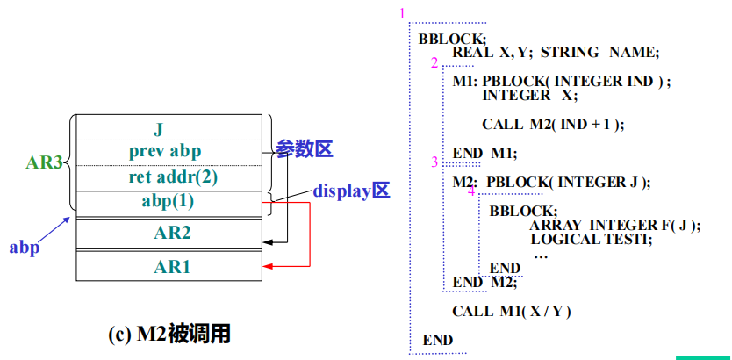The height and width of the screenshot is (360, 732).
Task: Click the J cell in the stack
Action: coord(159,129)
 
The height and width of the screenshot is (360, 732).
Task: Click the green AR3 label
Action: coord(43,162)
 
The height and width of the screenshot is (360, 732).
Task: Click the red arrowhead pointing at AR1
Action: coord(268,266)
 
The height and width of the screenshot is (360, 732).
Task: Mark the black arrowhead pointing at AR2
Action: coord(268,238)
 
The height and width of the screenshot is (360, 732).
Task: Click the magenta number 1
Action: coord(402,14)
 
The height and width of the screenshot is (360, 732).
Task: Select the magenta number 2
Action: coord(434,63)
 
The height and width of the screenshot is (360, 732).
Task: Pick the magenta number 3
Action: coord(434,162)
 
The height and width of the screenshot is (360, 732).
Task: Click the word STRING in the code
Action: coord(569,53)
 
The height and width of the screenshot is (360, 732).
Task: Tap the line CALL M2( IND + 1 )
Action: coord(552,124)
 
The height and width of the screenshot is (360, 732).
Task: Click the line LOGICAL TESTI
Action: coord(591,239)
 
